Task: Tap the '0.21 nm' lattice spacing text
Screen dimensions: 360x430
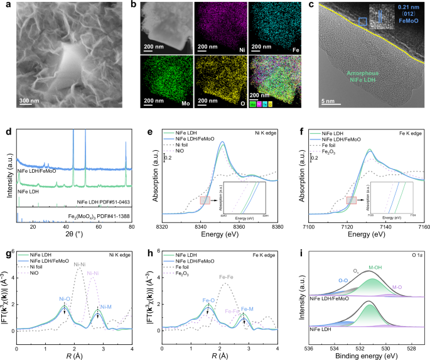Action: (x=409, y=11)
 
